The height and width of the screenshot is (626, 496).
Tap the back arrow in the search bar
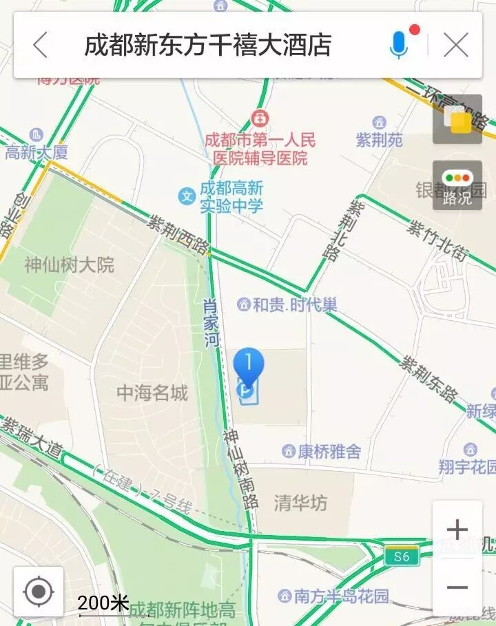tap(41, 45)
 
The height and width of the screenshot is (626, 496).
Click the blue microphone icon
tap(399, 45)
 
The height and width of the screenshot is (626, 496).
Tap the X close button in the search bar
tap(456, 45)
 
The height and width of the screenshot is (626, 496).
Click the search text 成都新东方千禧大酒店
tap(207, 45)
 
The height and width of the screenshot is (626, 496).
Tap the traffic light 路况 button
tap(457, 186)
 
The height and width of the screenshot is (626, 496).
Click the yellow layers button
tap(457, 121)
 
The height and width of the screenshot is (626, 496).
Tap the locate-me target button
tap(39, 591)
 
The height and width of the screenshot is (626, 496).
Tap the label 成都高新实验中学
tap(231, 196)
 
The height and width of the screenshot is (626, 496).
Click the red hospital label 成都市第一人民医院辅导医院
tap(260, 149)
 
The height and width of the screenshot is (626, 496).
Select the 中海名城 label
tap(152, 393)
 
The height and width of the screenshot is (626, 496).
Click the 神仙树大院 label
tap(69, 264)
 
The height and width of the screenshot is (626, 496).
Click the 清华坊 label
tap(300, 503)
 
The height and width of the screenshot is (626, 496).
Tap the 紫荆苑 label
tap(379, 140)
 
